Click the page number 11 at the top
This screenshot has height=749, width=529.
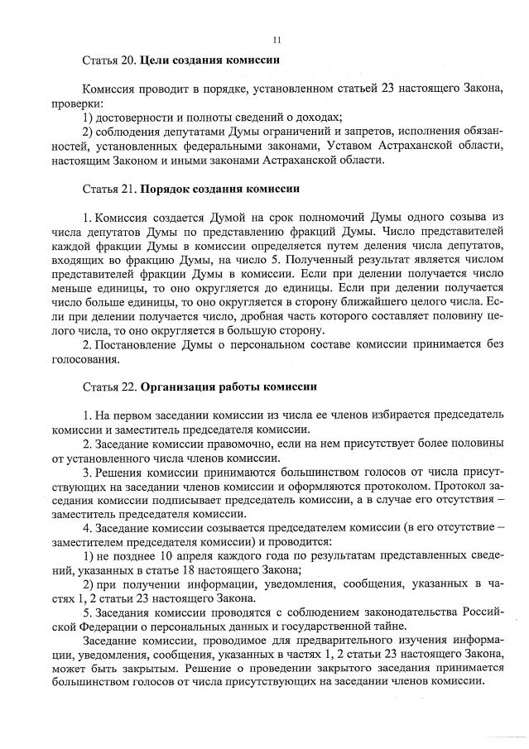click(277, 38)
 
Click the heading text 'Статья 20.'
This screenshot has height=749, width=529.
click(109, 60)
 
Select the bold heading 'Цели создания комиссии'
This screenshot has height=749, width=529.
click(209, 60)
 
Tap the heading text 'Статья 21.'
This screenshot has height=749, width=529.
click(109, 189)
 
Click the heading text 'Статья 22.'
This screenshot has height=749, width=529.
click(109, 387)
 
